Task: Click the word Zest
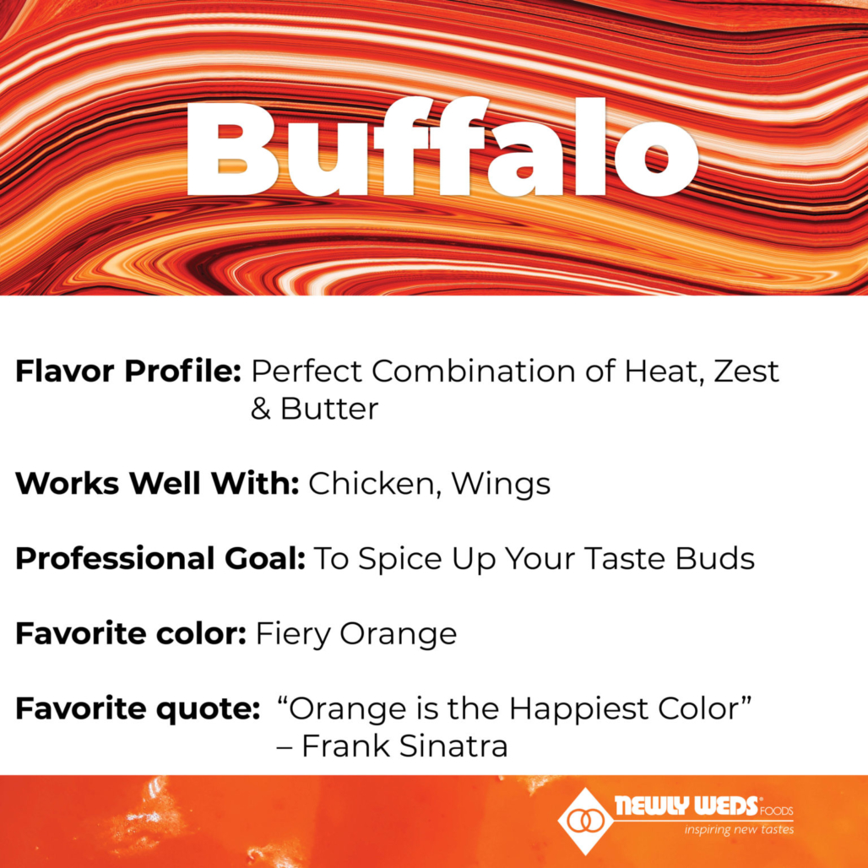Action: [x=746, y=371]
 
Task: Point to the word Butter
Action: [x=329, y=409]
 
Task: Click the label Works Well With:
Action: [x=157, y=483]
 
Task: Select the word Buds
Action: [x=719, y=558]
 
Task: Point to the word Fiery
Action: [x=294, y=634]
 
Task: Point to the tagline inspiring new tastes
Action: [x=738, y=829]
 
